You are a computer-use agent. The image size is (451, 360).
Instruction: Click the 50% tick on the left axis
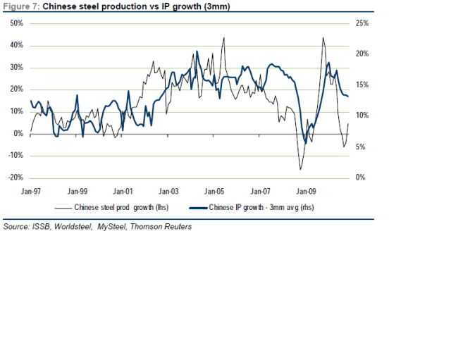16,24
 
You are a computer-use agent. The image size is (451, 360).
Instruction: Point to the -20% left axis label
16,178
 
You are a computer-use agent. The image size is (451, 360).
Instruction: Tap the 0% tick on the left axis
18,134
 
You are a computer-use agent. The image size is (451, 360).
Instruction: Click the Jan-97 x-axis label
32,190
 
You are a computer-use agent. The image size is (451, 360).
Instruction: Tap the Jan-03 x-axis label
169,190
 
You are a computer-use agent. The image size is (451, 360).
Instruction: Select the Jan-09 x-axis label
306,190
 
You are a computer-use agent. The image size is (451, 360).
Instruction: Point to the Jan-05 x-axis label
215,190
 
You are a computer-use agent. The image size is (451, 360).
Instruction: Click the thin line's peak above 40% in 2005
224,37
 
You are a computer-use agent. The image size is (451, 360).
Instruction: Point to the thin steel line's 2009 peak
323,38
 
